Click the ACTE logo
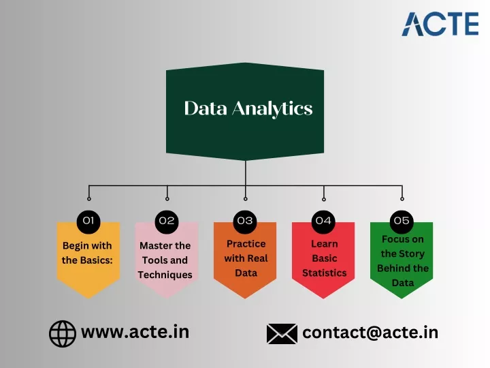(440, 24)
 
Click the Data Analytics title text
(248, 108)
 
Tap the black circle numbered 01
(88, 221)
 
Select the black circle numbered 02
(167, 221)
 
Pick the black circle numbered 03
(245, 221)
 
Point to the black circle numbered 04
(323, 221)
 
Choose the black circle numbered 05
(402, 221)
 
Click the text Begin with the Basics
(87, 253)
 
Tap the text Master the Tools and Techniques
(165, 260)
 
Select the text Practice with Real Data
(246, 258)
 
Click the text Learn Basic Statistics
(325, 258)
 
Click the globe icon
(63, 333)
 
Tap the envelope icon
(282, 334)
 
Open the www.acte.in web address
(135, 332)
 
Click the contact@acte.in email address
(370, 333)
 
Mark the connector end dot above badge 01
(89, 199)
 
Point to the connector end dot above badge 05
(402, 199)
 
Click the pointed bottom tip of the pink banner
(167, 298)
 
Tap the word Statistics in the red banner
(325, 273)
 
